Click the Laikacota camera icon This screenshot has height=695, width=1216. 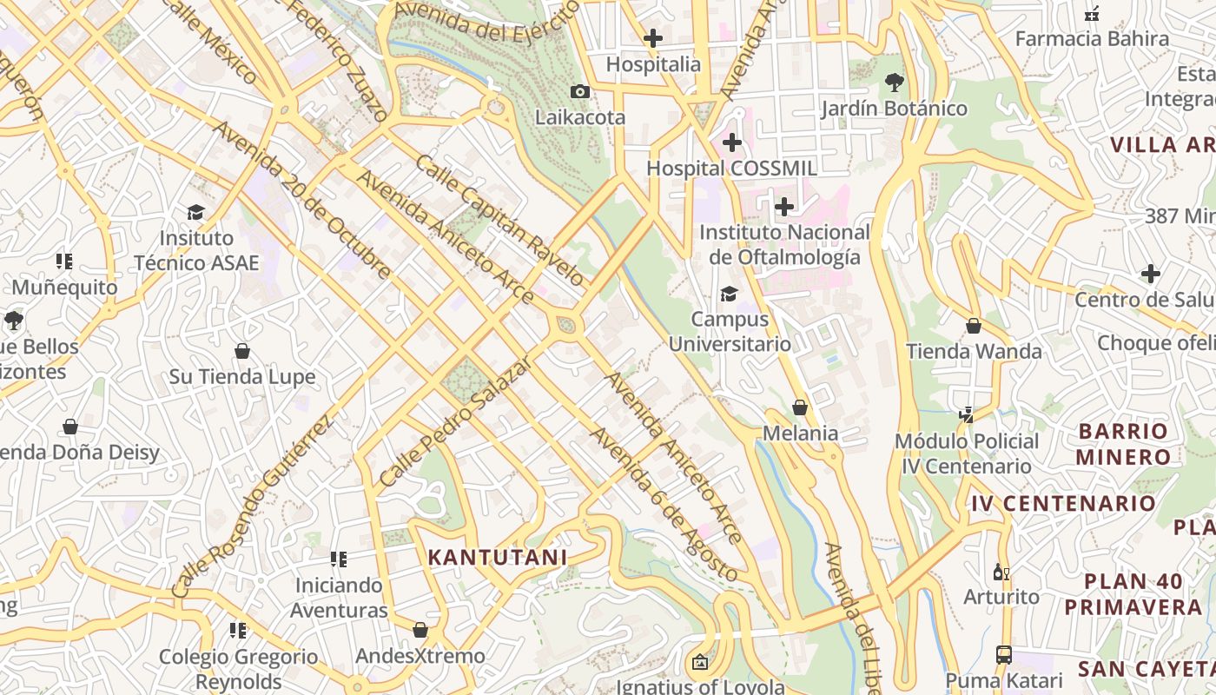pos(579,91)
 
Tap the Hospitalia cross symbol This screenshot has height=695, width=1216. pos(652,38)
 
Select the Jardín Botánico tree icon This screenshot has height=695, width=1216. pos(894,83)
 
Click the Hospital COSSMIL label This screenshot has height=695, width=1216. pos(731,168)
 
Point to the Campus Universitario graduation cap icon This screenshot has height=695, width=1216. pos(729,294)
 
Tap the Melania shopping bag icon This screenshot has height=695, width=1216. pos(800,407)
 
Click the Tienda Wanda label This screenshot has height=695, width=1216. pos(974,351)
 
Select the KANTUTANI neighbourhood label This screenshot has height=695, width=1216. pos(498,558)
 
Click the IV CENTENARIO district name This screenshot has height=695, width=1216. pos(1063,503)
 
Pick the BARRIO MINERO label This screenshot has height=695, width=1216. pos(1123,444)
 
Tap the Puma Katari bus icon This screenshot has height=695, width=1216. pos(1003,654)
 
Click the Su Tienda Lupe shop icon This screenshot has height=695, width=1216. pos(242,351)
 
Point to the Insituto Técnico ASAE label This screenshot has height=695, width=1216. pos(196,250)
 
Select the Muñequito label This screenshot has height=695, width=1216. pos(64,287)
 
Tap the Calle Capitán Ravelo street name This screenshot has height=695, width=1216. pos(499,220)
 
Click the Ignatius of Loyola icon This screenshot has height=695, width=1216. pos(699,663)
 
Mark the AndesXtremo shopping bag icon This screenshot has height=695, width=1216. pos(420,630)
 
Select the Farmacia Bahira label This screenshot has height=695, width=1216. pos(1092,38)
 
